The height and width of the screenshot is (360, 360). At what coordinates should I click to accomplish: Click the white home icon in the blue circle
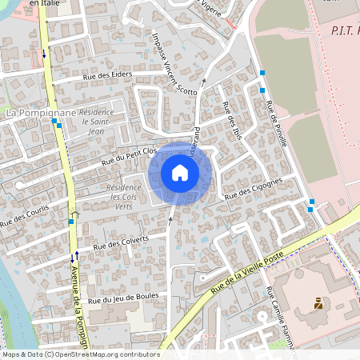[180, 172]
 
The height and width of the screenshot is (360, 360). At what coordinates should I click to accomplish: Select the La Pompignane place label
[41, 114]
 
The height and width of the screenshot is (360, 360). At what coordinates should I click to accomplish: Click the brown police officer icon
[318, 303]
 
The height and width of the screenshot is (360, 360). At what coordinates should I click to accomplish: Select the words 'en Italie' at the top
[45, 3]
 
